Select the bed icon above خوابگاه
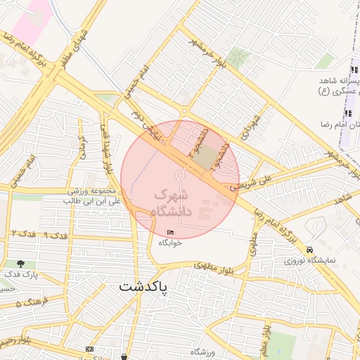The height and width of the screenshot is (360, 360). pos(170,233)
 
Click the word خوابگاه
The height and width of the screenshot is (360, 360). pos(170,243)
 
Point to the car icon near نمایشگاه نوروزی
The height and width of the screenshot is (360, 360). pos(310,250)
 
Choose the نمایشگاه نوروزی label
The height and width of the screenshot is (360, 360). pos(311,261)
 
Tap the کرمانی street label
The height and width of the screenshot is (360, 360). pos(82,138)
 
